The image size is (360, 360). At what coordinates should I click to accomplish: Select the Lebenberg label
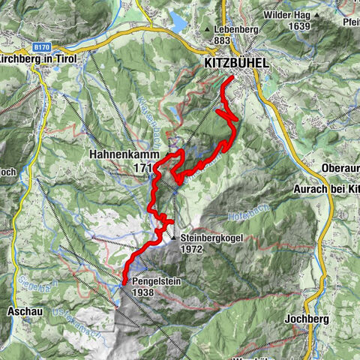point(237,28)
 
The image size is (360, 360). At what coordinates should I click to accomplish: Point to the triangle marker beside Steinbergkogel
point(173,239)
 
